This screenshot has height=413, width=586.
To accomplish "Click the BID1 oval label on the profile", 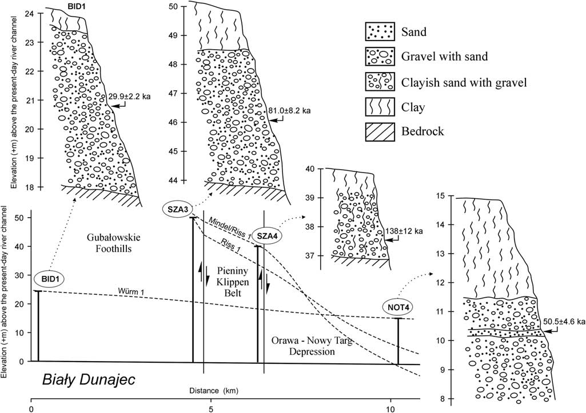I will (50, 279).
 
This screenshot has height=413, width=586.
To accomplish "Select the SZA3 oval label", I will (178, 209).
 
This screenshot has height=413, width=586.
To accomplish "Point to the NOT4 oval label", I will (398, 307).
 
